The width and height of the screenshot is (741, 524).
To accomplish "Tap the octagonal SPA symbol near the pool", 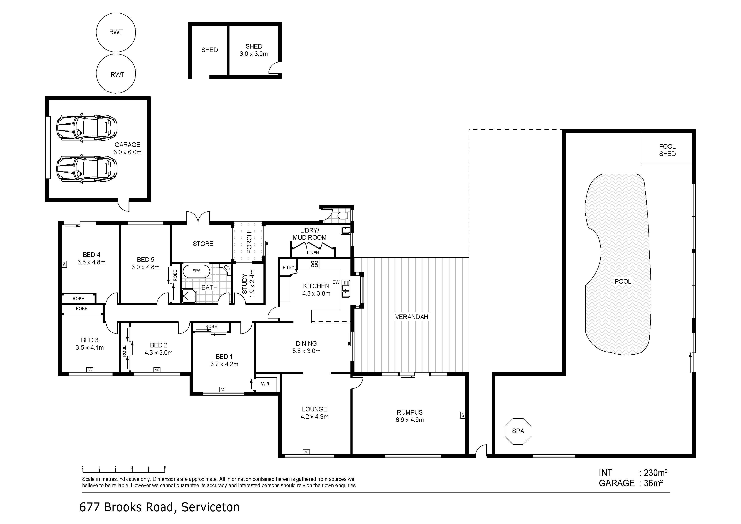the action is pos(518,431).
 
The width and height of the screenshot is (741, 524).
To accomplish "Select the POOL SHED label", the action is pos(667,150).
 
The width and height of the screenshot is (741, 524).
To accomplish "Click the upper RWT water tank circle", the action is pos(116,32).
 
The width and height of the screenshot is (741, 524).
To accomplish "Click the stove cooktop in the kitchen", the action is pos(314,264).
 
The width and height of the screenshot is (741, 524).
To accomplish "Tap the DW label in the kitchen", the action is pos(336,282).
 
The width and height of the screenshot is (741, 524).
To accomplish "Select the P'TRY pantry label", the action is pos(288,267).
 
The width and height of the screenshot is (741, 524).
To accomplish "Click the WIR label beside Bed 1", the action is pos(265,384).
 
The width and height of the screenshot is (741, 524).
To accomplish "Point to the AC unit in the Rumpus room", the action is pos(463,415).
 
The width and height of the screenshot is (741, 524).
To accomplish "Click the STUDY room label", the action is pos(245,284).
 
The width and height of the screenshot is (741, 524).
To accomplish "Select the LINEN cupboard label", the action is pos(313,253).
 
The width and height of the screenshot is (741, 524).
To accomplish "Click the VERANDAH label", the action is pos(411,317).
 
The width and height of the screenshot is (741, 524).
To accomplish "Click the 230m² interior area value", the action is pos(655,473).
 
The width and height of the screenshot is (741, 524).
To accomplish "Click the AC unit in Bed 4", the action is pos(64,264).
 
